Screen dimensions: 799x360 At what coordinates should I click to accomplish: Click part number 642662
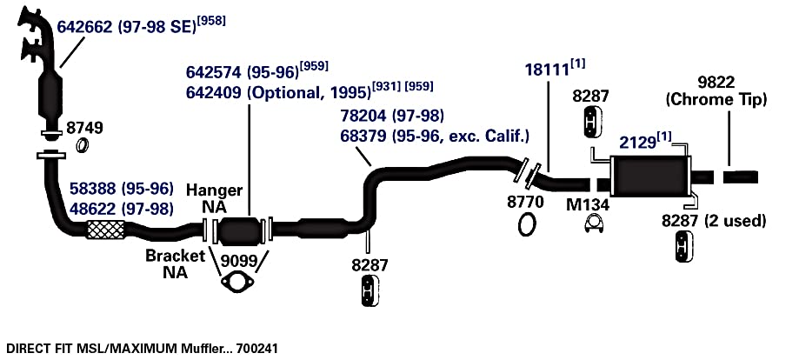[84, 27]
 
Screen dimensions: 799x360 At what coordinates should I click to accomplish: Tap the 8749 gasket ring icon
[82, 145]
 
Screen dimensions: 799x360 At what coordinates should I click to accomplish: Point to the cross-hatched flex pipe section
[106, 230]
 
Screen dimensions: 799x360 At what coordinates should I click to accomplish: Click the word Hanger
[214, 190]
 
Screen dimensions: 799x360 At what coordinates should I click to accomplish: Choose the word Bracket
[176, 256]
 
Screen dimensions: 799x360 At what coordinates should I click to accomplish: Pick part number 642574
[214, 72]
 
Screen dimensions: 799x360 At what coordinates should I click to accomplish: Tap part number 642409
[214, 93]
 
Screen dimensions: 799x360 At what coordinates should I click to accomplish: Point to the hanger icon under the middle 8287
[370, 291]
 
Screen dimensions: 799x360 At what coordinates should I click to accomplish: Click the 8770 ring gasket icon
[527, 224]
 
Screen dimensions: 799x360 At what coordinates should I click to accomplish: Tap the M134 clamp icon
[594, 224]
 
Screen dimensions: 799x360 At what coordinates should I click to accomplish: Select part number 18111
[547, 70]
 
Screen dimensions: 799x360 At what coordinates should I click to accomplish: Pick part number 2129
[637, 143]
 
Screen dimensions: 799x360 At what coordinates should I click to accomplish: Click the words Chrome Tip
[716, 100]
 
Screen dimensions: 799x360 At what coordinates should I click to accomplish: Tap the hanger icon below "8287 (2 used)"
[684, 247]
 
